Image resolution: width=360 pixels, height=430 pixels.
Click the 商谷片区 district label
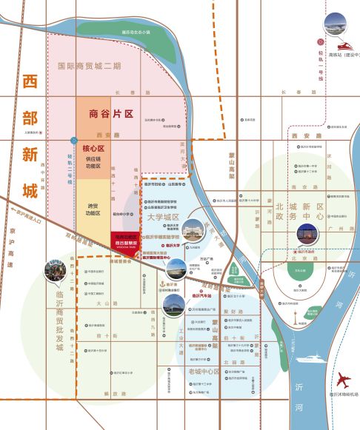[110, 114]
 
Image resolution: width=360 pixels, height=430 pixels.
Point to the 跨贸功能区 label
[92, 209]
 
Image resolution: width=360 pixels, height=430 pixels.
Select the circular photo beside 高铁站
[333, 24]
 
